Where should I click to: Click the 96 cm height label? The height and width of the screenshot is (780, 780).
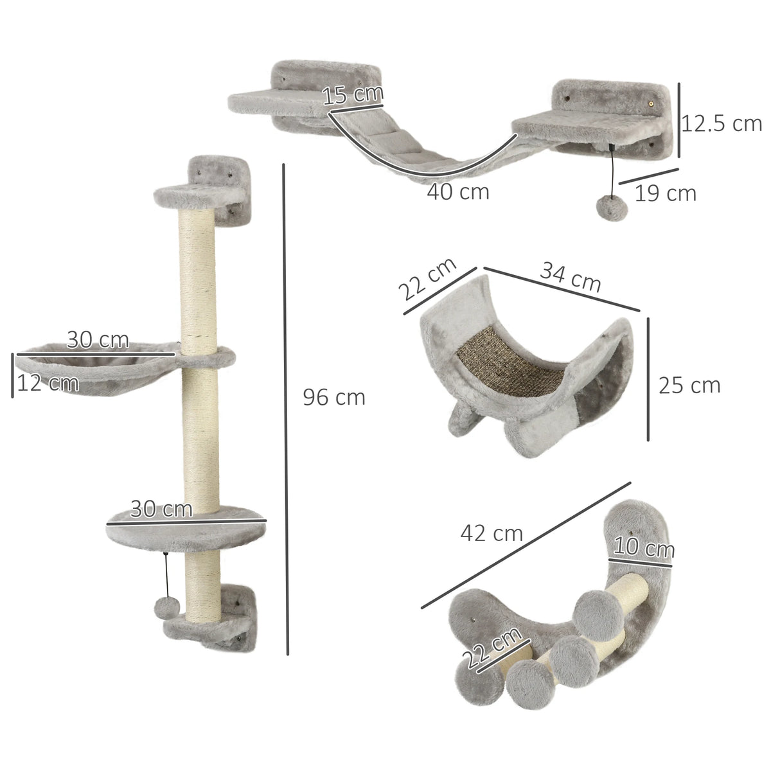[x=333, y=398]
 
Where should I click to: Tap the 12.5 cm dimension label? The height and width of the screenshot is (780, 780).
[x=721, y=123]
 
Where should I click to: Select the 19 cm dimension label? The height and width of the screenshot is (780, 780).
[x=665, y=192]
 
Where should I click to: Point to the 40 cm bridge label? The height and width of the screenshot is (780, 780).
[x=458, y=191]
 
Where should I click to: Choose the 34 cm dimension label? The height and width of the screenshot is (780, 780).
[x=570, y=277]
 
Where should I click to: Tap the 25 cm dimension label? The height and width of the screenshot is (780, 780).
[x=689, y=385]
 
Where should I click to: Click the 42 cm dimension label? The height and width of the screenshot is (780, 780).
[x=492, y=533]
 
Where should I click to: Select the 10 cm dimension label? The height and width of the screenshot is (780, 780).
[x=643, y=549]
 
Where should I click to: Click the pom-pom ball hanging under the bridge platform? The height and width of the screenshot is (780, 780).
[x=607, y=207]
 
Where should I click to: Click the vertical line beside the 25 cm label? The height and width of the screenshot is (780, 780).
[x=648, y=379]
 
